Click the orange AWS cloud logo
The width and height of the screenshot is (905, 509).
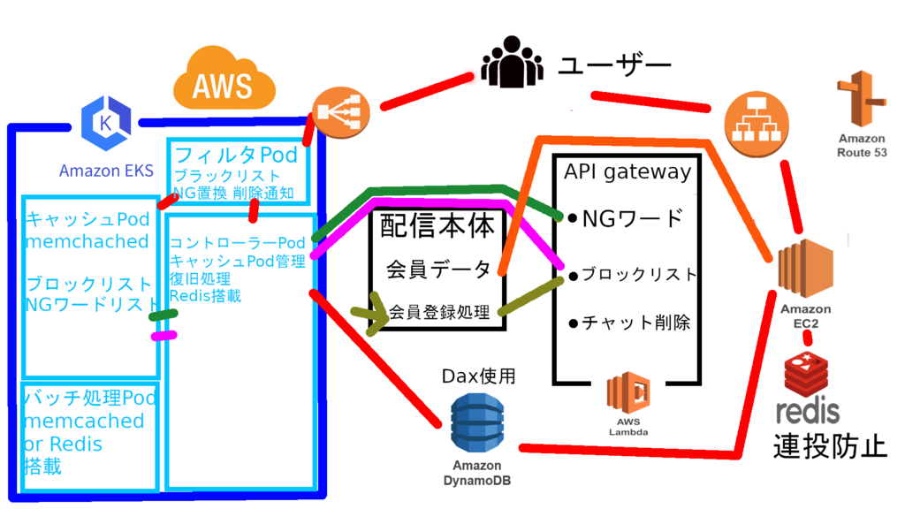click(223, 81)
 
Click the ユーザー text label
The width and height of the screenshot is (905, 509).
click(615, 65)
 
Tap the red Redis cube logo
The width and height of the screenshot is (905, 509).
click(809, 372)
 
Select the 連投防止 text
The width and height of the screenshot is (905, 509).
click(830, 446)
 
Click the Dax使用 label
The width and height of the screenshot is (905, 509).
click(478, 376)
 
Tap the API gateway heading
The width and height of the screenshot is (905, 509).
click(627, 171)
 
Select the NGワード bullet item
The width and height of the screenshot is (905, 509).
click(627, 218)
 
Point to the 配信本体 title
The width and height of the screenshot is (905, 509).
click(437, 226)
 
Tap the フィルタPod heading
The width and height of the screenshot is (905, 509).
click(236, 155)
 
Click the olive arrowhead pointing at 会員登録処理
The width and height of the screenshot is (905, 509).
click(378, 314)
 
